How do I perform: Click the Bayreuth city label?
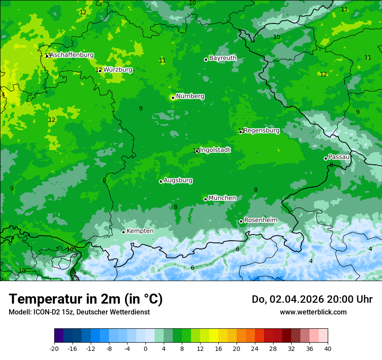pos(223,58)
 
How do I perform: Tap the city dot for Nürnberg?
pos(173,98)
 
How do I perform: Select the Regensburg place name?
pos(261,131)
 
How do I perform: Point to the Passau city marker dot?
pos(326,158)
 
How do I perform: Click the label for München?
pos(222,198)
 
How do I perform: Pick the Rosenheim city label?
pos(260,220)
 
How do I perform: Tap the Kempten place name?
pos(140,231)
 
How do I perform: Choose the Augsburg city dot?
pos(161,181)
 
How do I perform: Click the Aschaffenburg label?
pos(72,55)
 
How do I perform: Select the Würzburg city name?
pos(118,70)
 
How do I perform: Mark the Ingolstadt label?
pos(215,150)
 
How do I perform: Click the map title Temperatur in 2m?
pos(86,299)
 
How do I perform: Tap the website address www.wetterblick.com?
pos(313,312)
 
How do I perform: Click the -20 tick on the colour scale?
pos(54,348)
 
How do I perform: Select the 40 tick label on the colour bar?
pos(327,348)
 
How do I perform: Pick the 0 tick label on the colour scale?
pos(145,348)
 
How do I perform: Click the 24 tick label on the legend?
pos(255,348)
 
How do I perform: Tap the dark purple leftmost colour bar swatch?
pos(59,336)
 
